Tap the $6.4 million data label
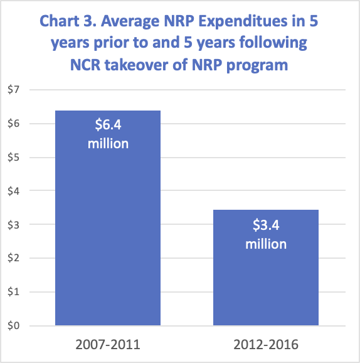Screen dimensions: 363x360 point(108,134)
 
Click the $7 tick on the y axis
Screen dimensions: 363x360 point(13,89)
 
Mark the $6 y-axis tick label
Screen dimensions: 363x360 point(13,123)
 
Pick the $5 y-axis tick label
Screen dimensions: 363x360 point(13,157)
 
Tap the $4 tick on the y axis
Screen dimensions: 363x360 point(13,191)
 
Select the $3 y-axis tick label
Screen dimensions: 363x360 point(13,224)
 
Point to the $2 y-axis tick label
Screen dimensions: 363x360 point(13,258)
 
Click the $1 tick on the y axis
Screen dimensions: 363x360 point(13,292)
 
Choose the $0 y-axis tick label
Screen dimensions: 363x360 point(13,326)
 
